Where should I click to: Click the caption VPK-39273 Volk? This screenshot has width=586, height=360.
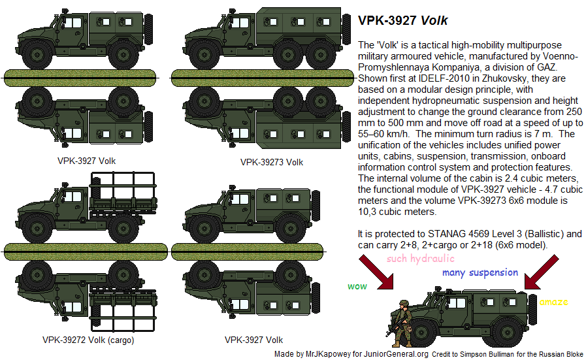[x=271, y=161]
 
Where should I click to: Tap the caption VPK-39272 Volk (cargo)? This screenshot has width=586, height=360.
[x=89, y=340]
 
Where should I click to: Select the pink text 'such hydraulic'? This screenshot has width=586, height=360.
[x=421, y=259]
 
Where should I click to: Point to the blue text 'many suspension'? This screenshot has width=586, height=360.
[x=480, y=272]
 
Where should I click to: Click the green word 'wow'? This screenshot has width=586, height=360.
[x=357, y=286]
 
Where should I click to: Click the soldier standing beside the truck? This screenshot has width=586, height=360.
[x=400, y=321]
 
